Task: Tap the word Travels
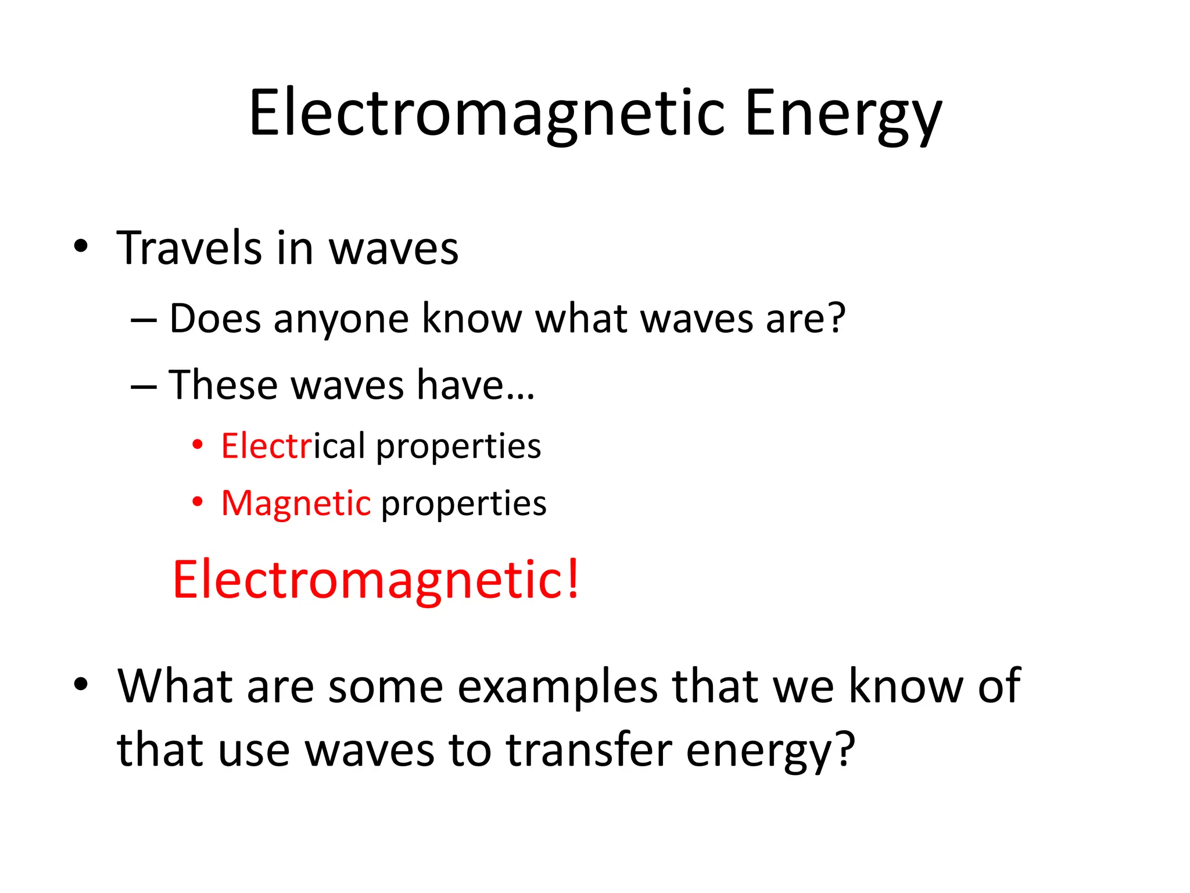(x=189, y=248)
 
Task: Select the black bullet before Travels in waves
(x=81, y=246)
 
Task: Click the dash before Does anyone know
(x=144, y=320)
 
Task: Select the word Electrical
(x=293, y=446)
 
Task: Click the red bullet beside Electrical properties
(x=198, y=445)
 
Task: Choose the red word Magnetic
(x=296, y=503)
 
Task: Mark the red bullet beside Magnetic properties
(x=198, y=502)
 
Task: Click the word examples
(x=558, y=688)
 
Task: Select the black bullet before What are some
(x=81, y=684)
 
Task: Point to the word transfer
(x=589, y=750)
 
